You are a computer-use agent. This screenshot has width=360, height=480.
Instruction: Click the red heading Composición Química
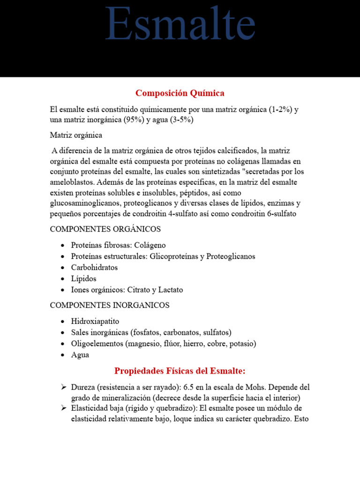[x=180, y=93]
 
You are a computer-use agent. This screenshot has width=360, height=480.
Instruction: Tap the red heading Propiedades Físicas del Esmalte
[x=180, y=371]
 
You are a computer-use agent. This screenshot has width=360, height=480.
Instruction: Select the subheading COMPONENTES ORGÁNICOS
[x=105, y=229]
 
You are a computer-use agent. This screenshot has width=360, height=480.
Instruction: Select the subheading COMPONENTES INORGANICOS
[x=110, y=305]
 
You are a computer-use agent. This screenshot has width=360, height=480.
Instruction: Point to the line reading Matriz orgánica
[x=76, y=135]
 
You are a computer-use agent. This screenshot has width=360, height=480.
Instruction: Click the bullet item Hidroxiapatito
[x=95, y=322]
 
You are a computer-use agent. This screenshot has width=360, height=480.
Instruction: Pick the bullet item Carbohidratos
[x=94, y=268]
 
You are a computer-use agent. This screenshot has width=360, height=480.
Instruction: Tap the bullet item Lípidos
[x=83, y=279]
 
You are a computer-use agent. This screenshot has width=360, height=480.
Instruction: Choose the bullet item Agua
[x=80, y=355]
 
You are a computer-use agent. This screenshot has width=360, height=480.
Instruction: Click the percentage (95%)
[x=136, y=120]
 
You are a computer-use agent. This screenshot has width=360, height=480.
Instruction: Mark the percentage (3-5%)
[x=181, y=120]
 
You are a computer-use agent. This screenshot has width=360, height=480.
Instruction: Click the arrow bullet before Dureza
[x=64, y=388]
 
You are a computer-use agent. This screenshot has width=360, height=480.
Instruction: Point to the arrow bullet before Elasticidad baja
[x=64, y=408]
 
